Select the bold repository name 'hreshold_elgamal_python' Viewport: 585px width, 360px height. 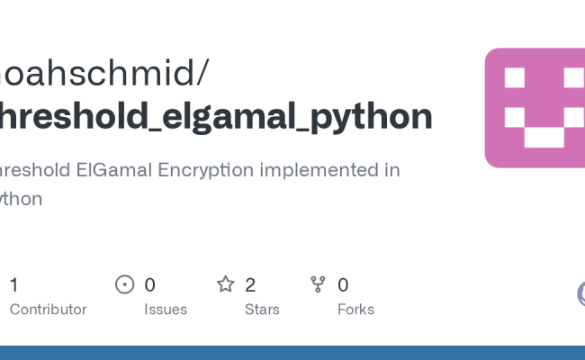click(216, 116)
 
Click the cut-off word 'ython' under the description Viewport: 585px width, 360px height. click(22, 199)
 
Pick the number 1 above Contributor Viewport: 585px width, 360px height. click(13, 285)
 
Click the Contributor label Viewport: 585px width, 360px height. click(48, 310)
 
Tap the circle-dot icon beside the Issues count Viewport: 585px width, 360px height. click(125, 285)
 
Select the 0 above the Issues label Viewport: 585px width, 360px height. click(149, 285)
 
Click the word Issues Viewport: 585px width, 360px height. click(166, 310)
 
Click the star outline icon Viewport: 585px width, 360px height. click(225, 285)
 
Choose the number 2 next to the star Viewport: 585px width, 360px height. click(250, 285)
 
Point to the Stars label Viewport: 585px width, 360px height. click(261, 310)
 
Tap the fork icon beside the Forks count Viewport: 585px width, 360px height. click(318, 285)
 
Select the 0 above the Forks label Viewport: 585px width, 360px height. click(343, 285)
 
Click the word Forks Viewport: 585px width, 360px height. click(355, 310)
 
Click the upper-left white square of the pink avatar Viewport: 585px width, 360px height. click(515, 78)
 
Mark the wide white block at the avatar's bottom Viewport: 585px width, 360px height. click(544, 138)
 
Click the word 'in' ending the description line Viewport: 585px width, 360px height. click(392, 169)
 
